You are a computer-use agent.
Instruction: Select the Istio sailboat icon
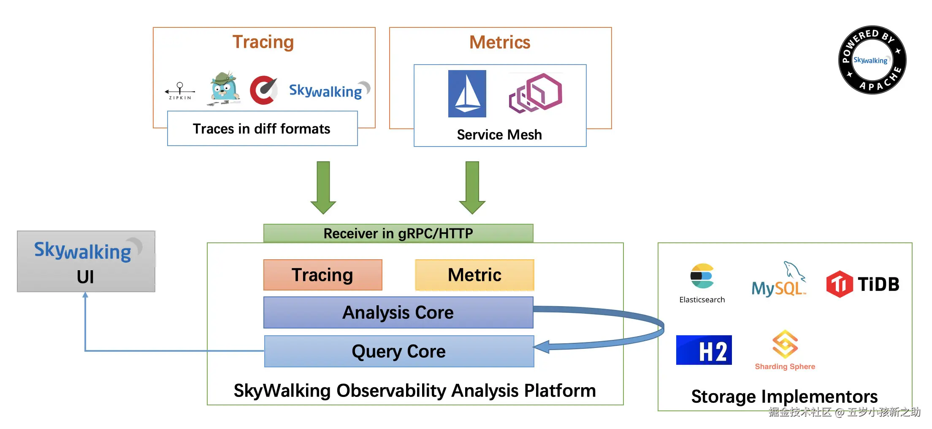tap(467, 94)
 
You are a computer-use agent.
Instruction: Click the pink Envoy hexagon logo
tap(536, 93)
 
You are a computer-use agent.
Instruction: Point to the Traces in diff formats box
tap(262, 128)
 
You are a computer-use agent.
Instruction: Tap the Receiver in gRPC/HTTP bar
tap(398, 233)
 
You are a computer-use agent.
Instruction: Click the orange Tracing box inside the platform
tap(322, 275)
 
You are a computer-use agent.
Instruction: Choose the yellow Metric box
tap(474, 275)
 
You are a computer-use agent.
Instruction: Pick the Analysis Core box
tap(398, 312)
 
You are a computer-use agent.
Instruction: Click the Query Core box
tap(399, 351)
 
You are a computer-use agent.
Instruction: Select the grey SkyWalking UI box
tap(86, 261)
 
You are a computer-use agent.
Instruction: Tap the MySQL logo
tap(778, 280)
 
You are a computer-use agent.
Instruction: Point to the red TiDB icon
tap(839, 284)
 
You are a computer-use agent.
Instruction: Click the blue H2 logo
tap(704, 350)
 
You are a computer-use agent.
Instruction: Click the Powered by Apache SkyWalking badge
tap(872, 60)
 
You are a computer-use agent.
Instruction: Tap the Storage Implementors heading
tap(784, 396)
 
